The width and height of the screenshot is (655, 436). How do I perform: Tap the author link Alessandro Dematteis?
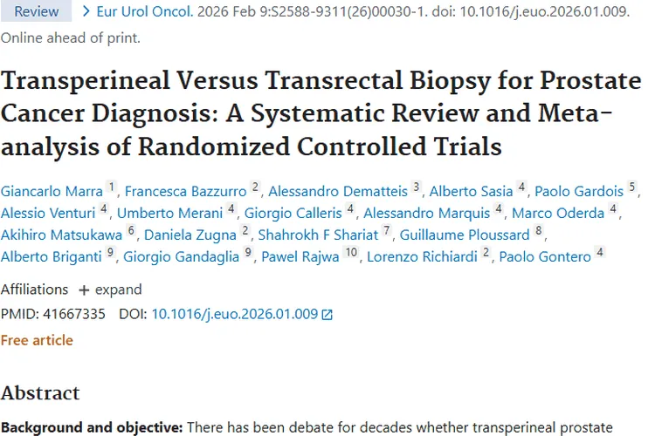[x=338, y=191]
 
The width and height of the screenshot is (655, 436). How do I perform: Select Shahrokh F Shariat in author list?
[x=318, y=235]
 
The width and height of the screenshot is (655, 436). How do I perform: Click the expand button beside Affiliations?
[x=110, y=290]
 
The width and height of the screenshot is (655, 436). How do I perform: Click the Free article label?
[x=37, y=340]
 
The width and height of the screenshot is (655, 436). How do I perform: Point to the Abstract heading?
[x=40, y=392]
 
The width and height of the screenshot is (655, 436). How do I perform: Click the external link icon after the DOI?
[x=327, y=315]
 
